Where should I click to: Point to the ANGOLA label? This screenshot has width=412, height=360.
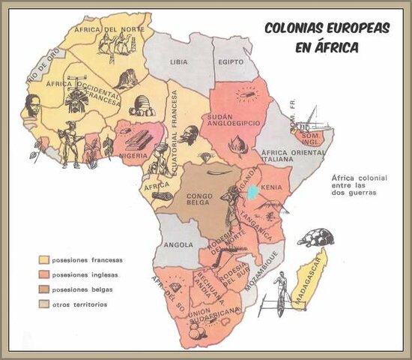point(179,244)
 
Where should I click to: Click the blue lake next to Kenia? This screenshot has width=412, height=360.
point(254,192)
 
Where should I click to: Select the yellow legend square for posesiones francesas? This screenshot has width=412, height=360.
point(44,260)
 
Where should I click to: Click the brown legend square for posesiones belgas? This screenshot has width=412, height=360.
point(44,289)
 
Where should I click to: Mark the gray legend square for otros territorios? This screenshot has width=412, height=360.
point(44,304)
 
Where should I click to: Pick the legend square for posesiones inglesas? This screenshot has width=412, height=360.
point(44,275)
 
